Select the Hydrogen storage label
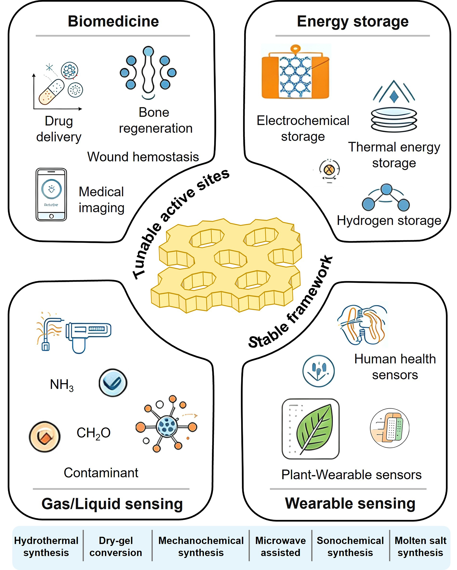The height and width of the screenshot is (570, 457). (389, 221)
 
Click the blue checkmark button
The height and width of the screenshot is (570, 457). (113, 383)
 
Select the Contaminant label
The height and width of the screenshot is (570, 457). (101, 473)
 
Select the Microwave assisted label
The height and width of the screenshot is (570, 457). (280, 547)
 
